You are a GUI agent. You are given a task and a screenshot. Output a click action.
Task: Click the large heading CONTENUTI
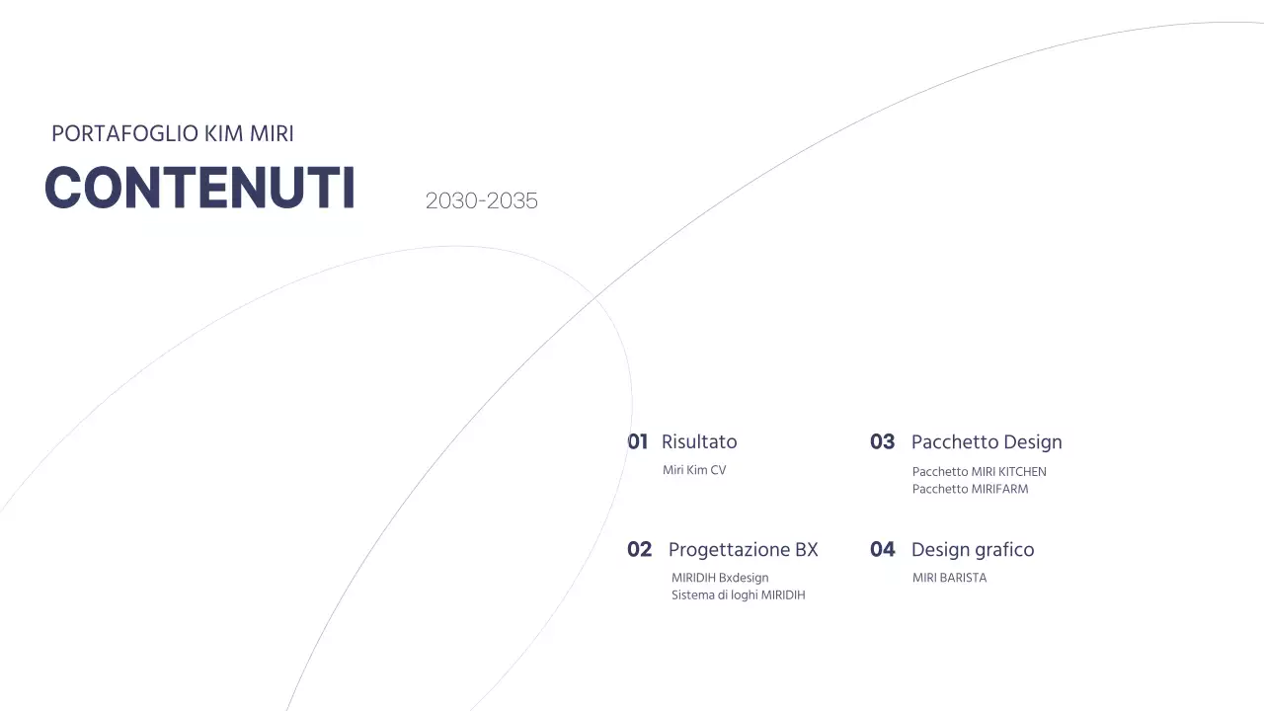tap(199, 188)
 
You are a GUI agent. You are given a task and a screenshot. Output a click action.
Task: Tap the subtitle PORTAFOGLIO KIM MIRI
tap(173, 133)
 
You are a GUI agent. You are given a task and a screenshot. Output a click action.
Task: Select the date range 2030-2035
tap(482, 200)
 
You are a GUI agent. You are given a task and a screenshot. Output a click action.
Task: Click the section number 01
tap(638, 441)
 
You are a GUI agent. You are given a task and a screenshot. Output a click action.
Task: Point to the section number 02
tap(640, 549)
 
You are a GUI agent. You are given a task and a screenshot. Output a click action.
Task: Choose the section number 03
tap(882, 441)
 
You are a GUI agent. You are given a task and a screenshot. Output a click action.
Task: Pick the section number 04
tap(883, 549)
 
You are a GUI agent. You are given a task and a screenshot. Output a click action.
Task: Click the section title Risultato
tap(699, 441)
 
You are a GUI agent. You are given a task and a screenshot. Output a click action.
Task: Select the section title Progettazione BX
tap(744, 549)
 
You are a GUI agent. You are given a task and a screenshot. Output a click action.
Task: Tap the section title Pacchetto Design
tap(987, 441)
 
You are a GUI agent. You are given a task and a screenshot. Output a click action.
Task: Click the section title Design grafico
tap(973, 549)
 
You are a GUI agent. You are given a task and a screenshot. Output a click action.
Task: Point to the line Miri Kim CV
tap(694, 470)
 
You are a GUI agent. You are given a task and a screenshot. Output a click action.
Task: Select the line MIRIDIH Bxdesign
tap(720, 578)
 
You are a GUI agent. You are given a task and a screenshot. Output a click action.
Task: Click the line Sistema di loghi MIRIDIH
tap(739, 595)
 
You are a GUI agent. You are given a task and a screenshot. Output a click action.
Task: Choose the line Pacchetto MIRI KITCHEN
tap(980, 471)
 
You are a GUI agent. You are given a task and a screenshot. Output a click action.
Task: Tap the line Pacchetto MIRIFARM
tap(971, 489)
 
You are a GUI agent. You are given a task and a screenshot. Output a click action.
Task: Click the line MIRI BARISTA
tap(950, 578)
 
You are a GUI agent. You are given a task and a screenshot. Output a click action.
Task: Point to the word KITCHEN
tap(1022, 471)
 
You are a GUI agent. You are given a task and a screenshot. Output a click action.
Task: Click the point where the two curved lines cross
tap(595, 296)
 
